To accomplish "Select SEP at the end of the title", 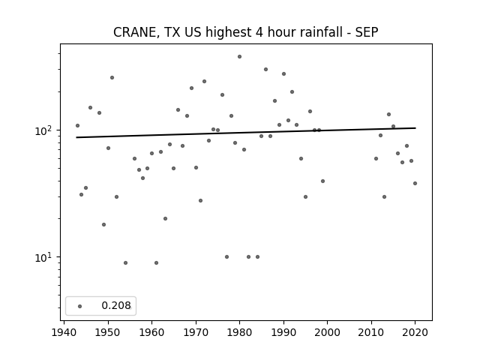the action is (367, 32).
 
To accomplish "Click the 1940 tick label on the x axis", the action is (64, 332).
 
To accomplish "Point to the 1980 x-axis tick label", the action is (240, 332).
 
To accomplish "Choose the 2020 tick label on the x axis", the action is (415, 332).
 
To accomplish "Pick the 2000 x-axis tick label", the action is (327, 332).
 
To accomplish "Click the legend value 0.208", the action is (116, 305).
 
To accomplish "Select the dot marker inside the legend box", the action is (80, 306).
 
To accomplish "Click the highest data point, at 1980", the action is (240, 57).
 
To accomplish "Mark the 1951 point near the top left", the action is (112, 78).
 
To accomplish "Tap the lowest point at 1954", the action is (125, 263).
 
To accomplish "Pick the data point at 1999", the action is (323, 181).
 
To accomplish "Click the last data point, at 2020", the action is (415, 183).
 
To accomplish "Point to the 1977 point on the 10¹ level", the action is (226, 256).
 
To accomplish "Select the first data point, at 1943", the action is (77, 125).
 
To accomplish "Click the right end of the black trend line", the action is (415, 128).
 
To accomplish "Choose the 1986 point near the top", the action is (266, 70).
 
